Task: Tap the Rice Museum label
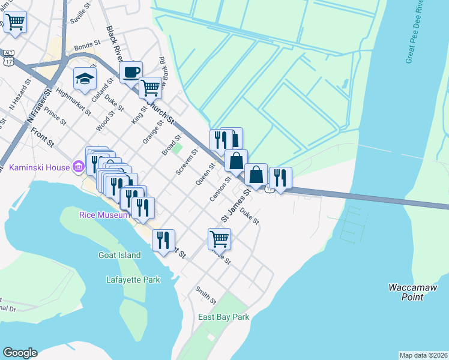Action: (104, 215)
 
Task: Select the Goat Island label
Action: (119, 255)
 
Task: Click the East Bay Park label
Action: (224, 317)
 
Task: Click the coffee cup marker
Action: (131, 72)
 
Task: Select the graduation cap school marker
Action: (85, 78)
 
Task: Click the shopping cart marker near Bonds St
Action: (150, 88)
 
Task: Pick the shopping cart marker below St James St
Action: (219, 239)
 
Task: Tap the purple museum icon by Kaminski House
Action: (78, 166)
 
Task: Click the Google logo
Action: (20, 353)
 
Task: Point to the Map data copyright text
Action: (423, 355)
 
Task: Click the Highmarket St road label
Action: (73, 101)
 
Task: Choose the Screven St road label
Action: (182, 163)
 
